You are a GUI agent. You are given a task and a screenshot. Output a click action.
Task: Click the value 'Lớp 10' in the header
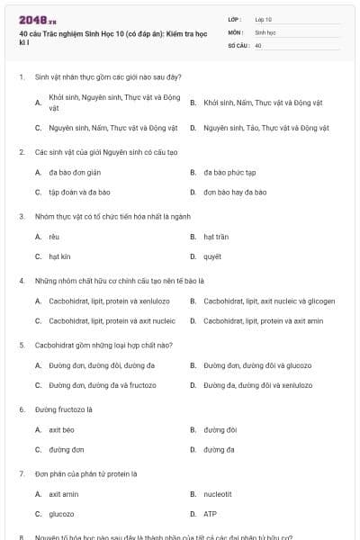(264, 19)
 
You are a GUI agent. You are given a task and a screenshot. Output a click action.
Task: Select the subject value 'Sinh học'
(265, 31)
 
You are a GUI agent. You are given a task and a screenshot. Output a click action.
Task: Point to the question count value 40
(258, 44)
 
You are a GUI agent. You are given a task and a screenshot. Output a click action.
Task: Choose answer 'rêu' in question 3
(54, 237)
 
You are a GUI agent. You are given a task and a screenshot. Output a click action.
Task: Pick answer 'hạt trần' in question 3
(216, 237)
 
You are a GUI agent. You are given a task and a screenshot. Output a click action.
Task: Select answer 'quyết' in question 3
(212, 256)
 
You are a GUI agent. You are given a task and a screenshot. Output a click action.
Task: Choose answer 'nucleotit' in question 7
(218, 493)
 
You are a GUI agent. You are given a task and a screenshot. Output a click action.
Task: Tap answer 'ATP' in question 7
(210, 514)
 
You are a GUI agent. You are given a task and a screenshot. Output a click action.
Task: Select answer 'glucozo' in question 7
(61, 514)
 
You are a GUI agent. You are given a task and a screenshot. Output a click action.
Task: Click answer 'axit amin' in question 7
(63, 493)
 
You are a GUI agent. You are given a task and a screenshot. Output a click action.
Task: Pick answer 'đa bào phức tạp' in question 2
(229, 172)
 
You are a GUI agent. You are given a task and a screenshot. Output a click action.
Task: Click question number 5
(22, 345)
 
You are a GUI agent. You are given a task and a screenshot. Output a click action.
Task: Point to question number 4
(22, 280)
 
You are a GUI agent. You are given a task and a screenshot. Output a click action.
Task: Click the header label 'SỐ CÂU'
(237, 44)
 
